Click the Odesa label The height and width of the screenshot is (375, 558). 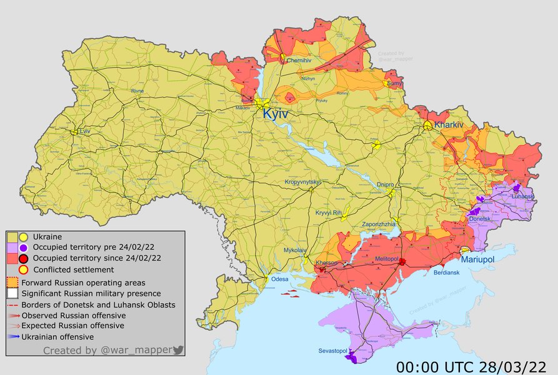point(279,279)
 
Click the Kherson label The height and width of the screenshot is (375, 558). point(326,262)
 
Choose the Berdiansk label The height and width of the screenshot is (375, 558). point(448,273)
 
